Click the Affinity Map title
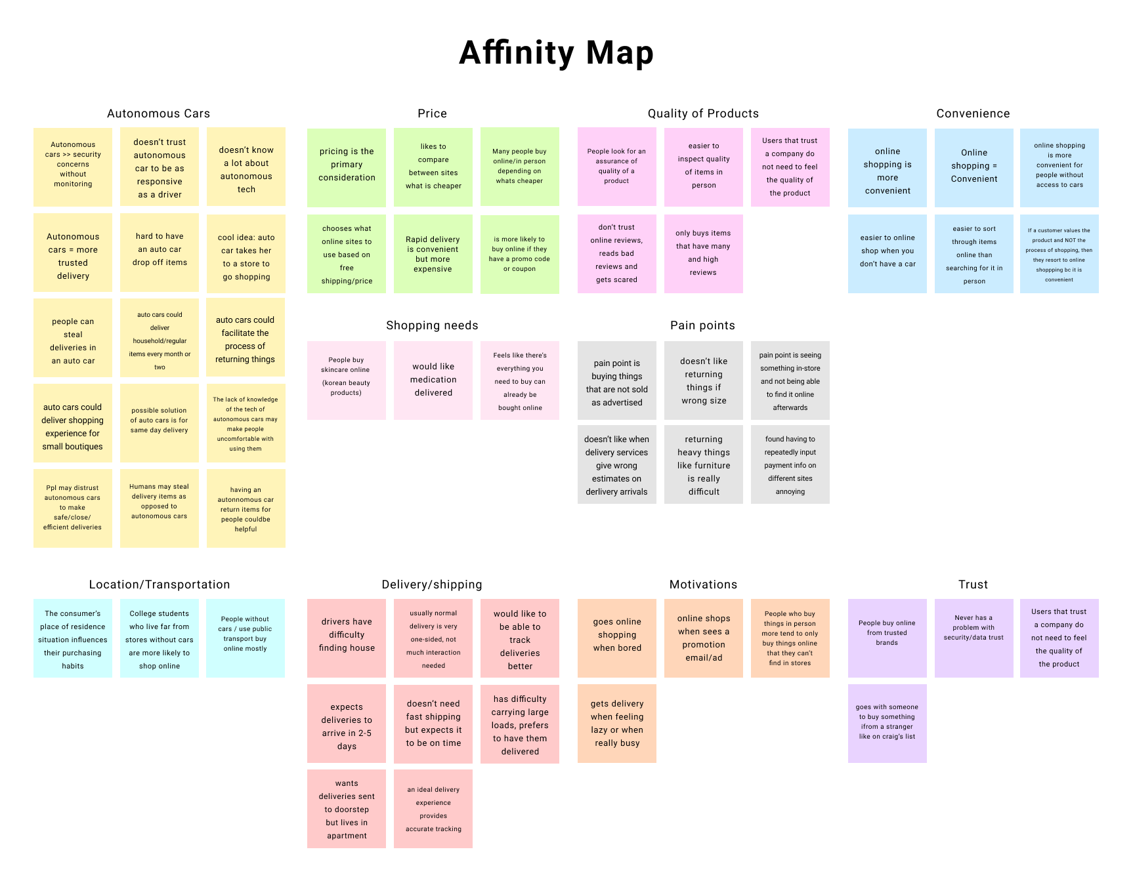pyautogui.click(x=556, y=53)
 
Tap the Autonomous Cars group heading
pyautogui.click(x=158, y=113)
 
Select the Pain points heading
pyautogui.click(x=702, y=325)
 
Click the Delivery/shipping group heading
pyautogui.click(x=432, y=584)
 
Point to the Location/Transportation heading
pyautogui.click(x=160, y=584)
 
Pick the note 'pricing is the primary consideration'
pyautogui.click(x=347, y=167)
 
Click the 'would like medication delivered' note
pyautogui.click(x=433, y=380)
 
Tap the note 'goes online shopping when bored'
pyautogui.click(x=617, y=638)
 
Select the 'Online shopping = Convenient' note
pyautogui.click(x=974, y=167)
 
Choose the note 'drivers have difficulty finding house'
pyautogui.click(x=347, y=638)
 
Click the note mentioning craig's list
pyautogui.click(x=887, y=724)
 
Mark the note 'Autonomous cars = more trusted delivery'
pyautogui.click(x=73, y=253)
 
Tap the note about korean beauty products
pyautogui.click(x=347, y=380)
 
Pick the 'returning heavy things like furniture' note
pyautogui.click(x=704, y=464)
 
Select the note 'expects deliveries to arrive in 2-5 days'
pyautogui.click(x=347, y=724)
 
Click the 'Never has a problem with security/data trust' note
pyautogui.click(x=974, y=638)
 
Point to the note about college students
pyautogui.click(x=160, y=638)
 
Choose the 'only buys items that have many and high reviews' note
pyautogui.click(x=704, y=254)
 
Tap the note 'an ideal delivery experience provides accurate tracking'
pyautogui.click(x=433, y=809)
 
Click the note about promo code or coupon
pyautogui.click(x=520, y=254)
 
